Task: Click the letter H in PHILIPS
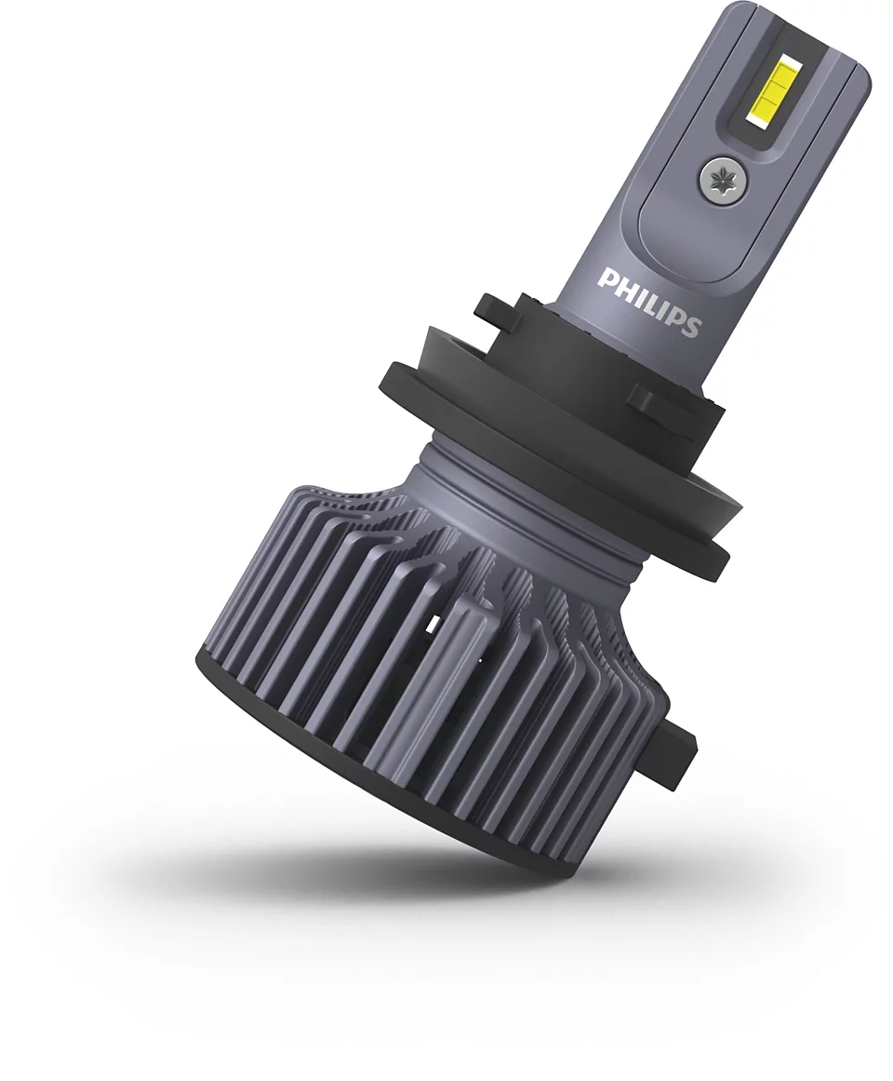pyautogui.click(x=620, y=285)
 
